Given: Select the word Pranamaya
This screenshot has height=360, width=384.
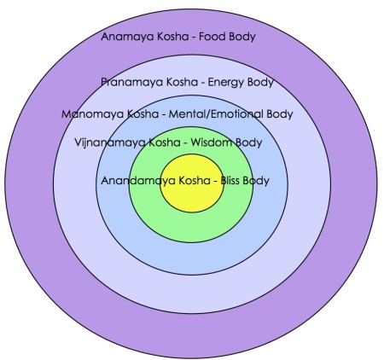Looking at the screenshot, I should [x=133, y=82].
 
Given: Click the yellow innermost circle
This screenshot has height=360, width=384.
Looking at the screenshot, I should [x=192, y=198].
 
